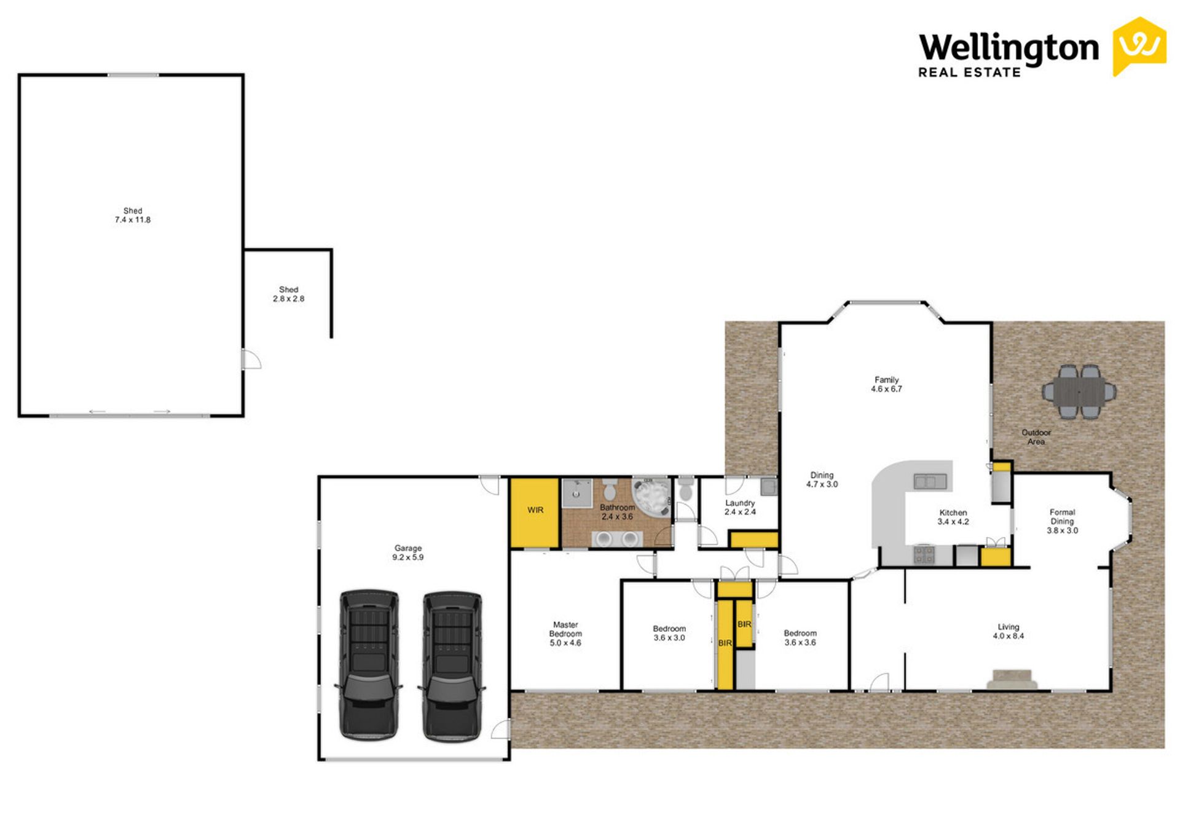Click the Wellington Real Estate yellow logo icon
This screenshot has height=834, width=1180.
coord(1139,46)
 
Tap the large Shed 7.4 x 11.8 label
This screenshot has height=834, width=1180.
coord(133,215)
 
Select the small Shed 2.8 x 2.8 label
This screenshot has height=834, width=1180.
coord(288,294)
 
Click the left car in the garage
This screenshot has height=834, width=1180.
coord(368,664)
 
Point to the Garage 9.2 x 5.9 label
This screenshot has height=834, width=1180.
coord(408,553)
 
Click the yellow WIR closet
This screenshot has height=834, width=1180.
coord(535,513)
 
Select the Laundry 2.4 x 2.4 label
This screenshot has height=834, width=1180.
coord(740,507)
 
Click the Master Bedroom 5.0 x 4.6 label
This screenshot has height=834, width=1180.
coord(565,634)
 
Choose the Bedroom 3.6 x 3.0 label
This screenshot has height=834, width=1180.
coord(669,633)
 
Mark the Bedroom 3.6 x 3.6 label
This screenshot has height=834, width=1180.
coord(800,637)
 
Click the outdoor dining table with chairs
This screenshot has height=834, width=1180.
coord(1079,391)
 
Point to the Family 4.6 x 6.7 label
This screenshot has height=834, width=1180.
coord(886,384)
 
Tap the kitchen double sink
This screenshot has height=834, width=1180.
coord(930,481)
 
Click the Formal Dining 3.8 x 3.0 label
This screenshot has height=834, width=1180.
coord(1062,521)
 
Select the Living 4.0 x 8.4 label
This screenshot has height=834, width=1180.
coord(1009,631)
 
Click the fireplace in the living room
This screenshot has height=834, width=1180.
coord(1012,679)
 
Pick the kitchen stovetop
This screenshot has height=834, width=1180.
coord(924,554)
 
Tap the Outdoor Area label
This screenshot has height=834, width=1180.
coord(1036,437)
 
